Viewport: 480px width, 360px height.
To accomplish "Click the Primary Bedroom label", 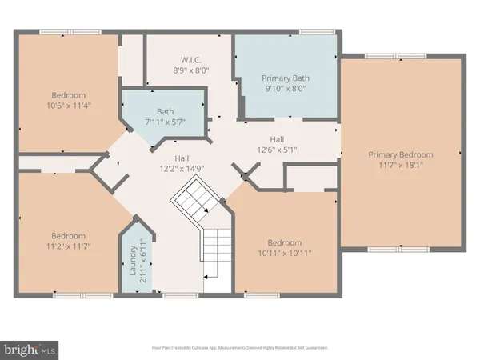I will (x=400, y=154).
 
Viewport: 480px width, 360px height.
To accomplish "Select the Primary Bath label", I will (x=286, y=78).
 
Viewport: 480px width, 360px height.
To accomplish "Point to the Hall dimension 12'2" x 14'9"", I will (x=176, y=169).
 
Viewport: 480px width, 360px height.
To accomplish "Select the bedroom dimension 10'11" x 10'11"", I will (x=284, y=254).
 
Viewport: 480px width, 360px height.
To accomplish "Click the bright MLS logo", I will (x=30, y=349).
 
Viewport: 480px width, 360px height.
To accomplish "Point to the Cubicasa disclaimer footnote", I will (x=239, y=348).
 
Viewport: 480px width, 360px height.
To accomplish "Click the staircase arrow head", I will (x=206, y=210).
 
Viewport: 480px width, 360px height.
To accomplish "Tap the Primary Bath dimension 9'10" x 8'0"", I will (x=286, y=90).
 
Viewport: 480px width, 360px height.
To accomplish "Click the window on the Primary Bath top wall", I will (x=311, y=32).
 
